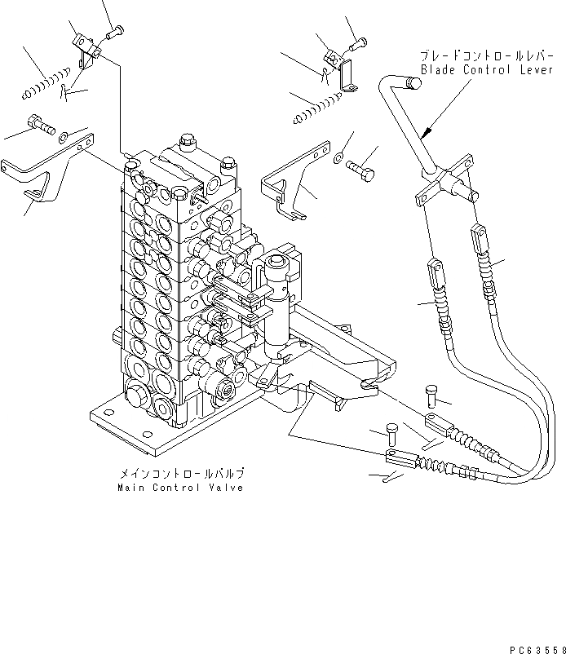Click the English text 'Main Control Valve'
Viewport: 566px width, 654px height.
[179, 488]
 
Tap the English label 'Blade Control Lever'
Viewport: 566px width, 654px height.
[475, 70]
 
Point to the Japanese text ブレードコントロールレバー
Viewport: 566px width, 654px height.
[475, 56]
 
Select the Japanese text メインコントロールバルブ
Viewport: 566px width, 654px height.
[179, 474]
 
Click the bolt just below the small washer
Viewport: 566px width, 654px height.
[361, 170]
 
